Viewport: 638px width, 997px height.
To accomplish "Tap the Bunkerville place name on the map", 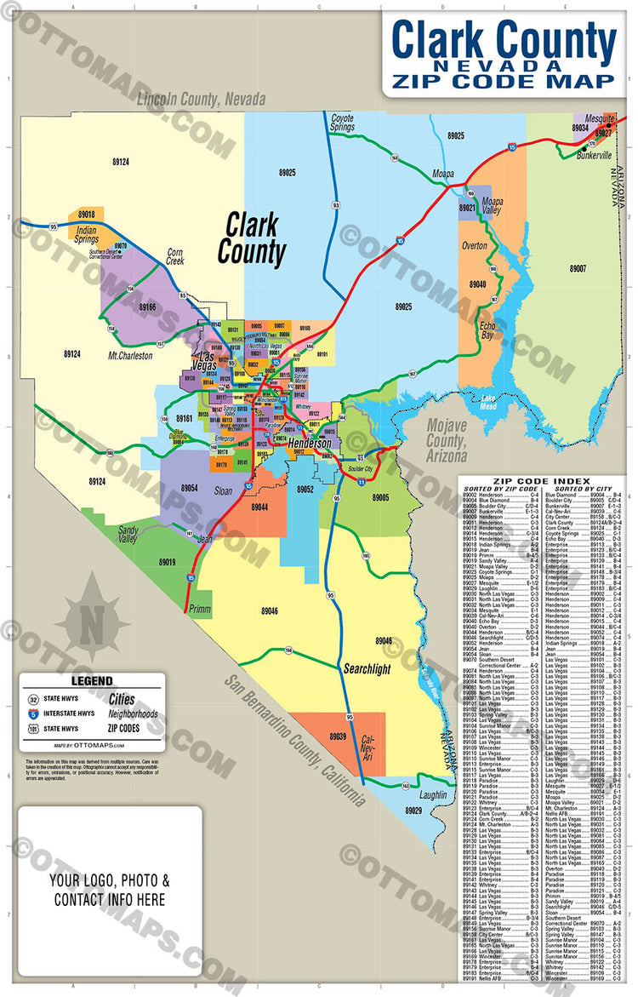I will (x=594, y=157).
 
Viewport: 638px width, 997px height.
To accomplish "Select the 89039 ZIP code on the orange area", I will (x=337, y=736).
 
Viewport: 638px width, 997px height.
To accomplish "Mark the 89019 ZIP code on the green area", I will (x=166, y=562).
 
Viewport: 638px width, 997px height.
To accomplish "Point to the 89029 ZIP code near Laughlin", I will (x=414, y=810).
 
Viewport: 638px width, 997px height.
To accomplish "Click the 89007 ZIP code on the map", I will (x=578, y=268).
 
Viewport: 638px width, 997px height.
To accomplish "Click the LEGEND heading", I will (x=91, y=681).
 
